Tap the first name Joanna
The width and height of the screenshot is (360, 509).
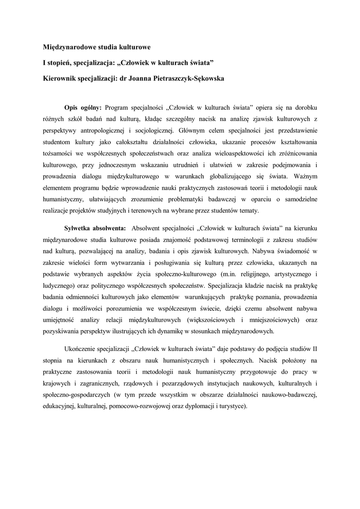pos(139,79)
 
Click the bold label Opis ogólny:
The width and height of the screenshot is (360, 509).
pos(83,107)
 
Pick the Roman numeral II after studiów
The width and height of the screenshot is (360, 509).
pos(314,348)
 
